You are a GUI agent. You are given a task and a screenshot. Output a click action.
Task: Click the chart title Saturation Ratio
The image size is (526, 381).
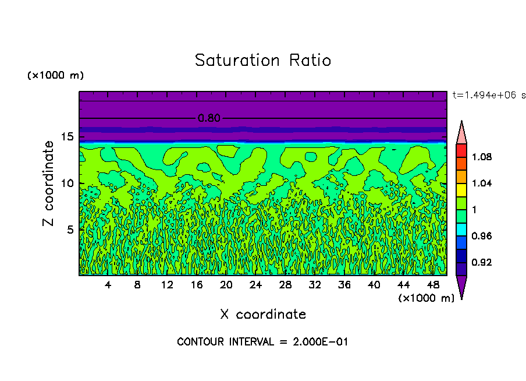pos(263,61)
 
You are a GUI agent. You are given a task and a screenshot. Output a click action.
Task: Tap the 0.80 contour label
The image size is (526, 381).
pos(209,118)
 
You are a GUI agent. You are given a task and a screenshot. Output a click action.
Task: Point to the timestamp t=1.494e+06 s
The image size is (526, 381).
pos(489,94)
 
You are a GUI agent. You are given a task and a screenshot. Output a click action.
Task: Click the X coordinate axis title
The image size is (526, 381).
pos(263,315)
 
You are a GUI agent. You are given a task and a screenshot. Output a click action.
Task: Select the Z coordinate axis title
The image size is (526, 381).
pos(49,184)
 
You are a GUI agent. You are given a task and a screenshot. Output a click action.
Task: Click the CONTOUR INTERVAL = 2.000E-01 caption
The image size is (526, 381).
pos(262,342)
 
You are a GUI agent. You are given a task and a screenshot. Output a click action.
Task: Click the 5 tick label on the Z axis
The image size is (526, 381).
pos(69,230)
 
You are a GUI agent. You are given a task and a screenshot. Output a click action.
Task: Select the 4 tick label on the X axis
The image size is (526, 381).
pos(108,285)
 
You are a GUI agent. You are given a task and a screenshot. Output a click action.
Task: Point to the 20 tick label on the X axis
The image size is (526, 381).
pos(226,285)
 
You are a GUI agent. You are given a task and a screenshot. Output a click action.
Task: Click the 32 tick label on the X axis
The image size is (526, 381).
pos(315,285)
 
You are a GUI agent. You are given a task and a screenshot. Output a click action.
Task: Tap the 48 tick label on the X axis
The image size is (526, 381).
pos(433,285)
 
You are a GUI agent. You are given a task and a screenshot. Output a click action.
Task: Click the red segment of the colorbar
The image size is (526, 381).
pos(461,150)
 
